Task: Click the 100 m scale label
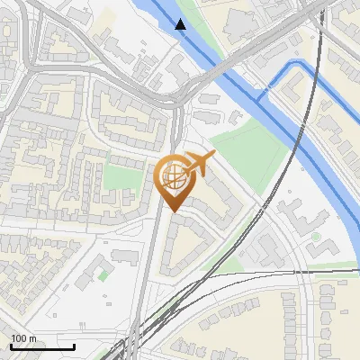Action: [23, 338]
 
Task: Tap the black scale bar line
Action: [42, 346]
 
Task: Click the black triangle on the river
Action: [181, 24]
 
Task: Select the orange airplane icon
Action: [198, 165]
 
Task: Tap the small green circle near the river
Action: [316, 237]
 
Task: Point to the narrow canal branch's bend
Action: [263, 92]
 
